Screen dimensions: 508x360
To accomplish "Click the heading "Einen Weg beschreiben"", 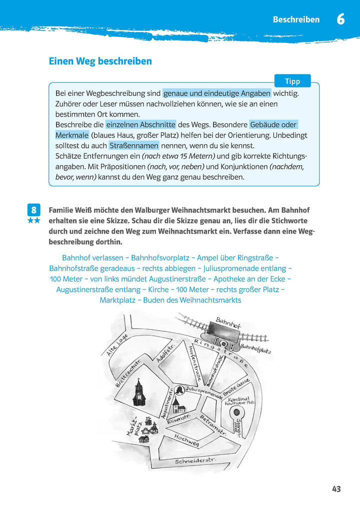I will (x=100, y=61).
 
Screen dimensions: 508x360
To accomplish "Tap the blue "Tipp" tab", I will (x=292, y=81).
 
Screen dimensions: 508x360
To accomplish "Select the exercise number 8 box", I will (x=33, y=210).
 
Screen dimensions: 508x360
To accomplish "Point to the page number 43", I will (x=336, y=489).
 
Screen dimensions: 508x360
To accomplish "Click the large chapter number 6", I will (x=340, y=20).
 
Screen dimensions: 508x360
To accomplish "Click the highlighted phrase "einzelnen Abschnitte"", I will (x=140, y=124).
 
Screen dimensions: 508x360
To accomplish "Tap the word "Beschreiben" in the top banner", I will (x=296, y=20).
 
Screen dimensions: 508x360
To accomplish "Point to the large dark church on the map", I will (x=139, y=392).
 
